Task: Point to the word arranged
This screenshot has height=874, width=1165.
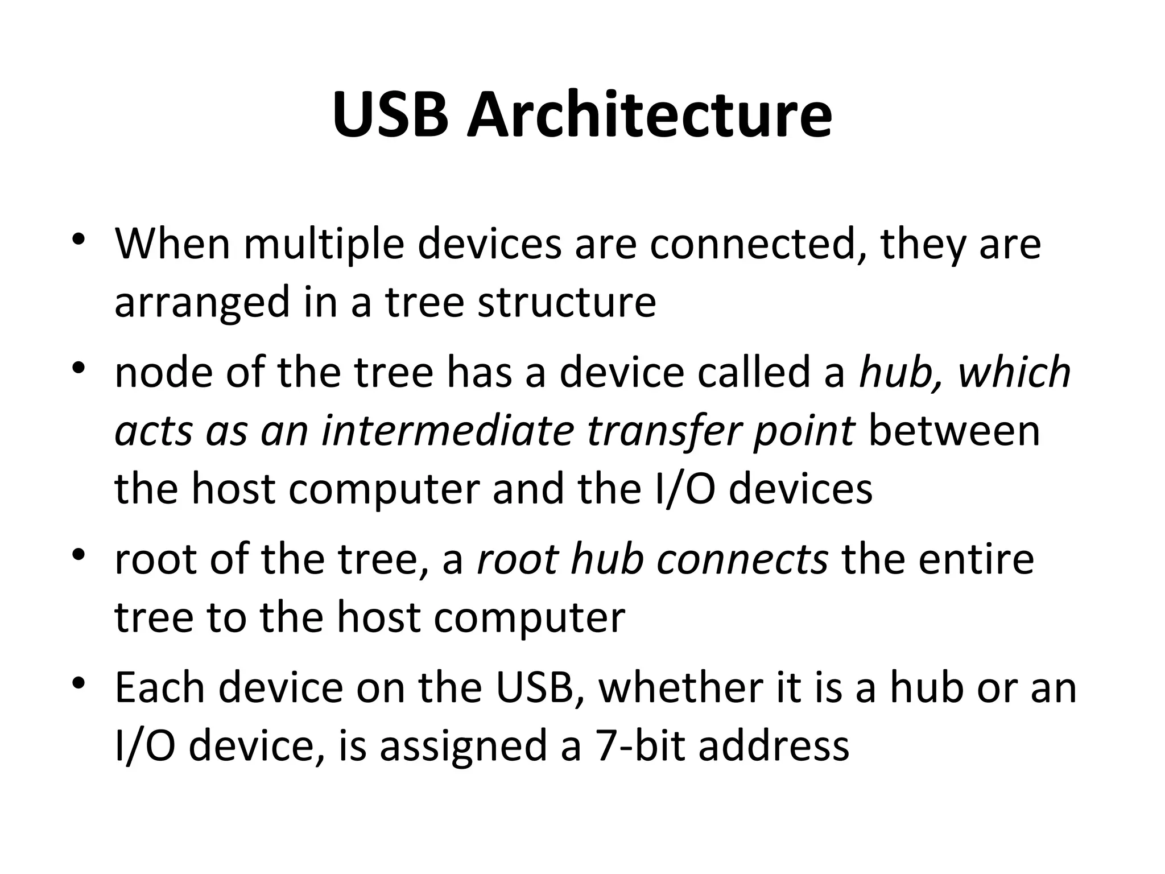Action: coord(203,303)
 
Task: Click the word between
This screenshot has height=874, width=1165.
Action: coord(955,431)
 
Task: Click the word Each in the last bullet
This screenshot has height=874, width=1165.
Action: coord(160,688)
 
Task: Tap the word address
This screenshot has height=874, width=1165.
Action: coord(774,746)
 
